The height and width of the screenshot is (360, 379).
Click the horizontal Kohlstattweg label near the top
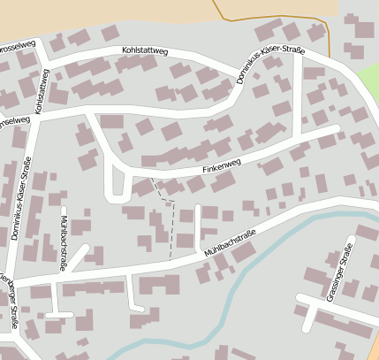click(145, 51)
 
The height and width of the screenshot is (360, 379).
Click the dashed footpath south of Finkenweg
click(171, 226)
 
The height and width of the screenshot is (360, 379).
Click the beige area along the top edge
click(133, 9)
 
